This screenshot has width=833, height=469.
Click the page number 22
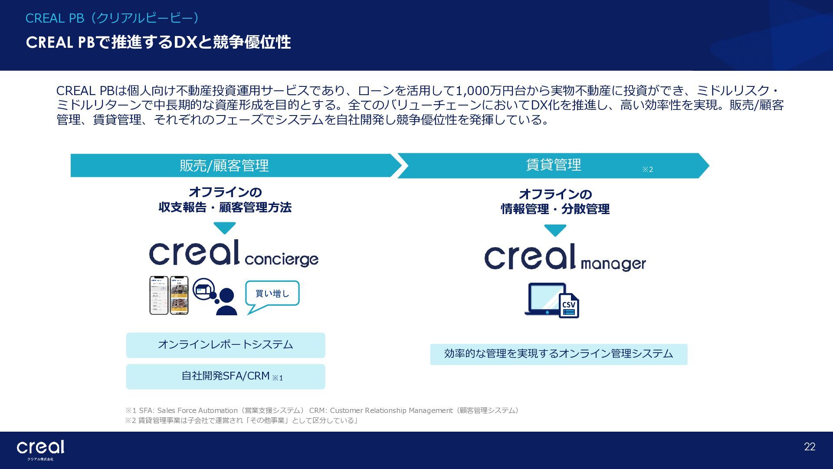click(x=810, y=447)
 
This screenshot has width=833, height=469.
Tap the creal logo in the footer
click(x=40, y=448)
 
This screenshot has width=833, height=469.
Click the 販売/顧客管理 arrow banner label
click(x=224, y=165)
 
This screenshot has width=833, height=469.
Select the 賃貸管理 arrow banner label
click(x=553, y=165)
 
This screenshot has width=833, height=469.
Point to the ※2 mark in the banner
click(x=647, y=169)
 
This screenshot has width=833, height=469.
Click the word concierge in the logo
click(x=281, y=259)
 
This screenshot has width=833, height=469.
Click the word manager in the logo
click(x=613, y=264)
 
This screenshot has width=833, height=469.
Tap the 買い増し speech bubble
click(x=272, y=294)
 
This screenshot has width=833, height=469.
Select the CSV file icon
click(x=569, y=306)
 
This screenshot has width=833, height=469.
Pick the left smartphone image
click(x=159, y=295)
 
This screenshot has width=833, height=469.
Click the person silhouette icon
click(x=226, y=302)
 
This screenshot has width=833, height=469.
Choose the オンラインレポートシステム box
click(x=226, y=345)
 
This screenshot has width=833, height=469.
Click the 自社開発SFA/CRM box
click(x=226, y=377)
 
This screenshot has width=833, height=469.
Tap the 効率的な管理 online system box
click(x=558, y=354)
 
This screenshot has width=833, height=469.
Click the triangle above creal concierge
click(x=224, y=228)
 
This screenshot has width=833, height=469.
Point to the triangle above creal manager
click(x=555, y=230)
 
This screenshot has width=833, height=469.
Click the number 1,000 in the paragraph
click(x=472, y=91)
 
